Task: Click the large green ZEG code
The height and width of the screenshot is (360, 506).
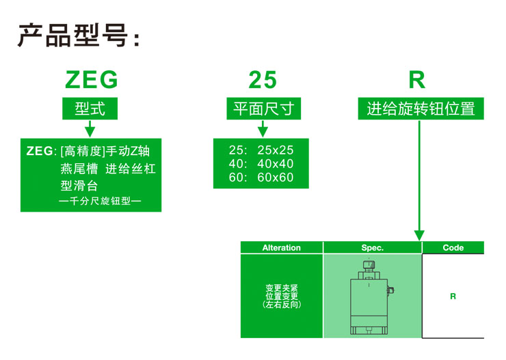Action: click(92, 80)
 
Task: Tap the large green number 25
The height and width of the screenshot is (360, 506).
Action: click(263, 80)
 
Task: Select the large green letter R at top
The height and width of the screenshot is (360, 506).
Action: click(417, 80)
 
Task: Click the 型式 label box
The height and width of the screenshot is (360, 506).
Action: click(90, 109)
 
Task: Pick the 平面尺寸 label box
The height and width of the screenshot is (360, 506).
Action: click(264, 109)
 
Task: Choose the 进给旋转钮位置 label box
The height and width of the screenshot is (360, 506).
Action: click(421, 109)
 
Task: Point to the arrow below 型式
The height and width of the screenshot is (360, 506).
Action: click(90, 128)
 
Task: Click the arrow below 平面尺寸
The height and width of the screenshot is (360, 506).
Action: click(263, 128)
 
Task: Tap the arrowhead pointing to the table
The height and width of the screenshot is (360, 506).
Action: click(419, 236)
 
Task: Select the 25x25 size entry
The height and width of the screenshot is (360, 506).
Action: click(276, 150)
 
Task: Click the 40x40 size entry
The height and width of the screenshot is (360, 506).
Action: click(276, 164)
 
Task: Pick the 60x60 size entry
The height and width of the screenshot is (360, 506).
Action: click(276, 177)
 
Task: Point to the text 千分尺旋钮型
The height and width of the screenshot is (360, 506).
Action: click(100, 201)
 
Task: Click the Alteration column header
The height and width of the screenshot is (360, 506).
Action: click(282, 247)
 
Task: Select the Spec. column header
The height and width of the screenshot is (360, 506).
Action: click(373, 247)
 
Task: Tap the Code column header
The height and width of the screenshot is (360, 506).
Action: click(453, 247)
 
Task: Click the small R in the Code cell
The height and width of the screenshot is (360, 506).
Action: click(453, 296)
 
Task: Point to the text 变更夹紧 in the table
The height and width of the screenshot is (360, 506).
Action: click(282, 288)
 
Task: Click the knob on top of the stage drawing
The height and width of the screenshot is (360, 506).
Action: click(369, 265)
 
